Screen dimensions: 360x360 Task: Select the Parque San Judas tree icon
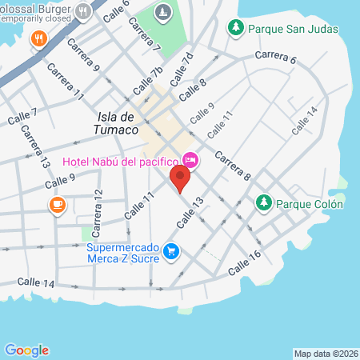click(x=236, y=29)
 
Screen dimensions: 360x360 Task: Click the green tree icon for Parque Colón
click(x=263, y=204)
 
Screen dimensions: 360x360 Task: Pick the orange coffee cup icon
click(x=57, y=206)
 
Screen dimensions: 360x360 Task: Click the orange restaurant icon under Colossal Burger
click(x=38, y=38)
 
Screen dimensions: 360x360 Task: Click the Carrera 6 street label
click(x=276, y=57)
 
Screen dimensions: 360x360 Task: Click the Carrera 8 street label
click(x=233, y=166)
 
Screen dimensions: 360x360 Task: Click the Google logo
click(x=26, y=350)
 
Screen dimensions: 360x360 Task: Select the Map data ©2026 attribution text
click(x=326, y=353)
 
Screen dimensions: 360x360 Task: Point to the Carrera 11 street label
click(x=66, y=82)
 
